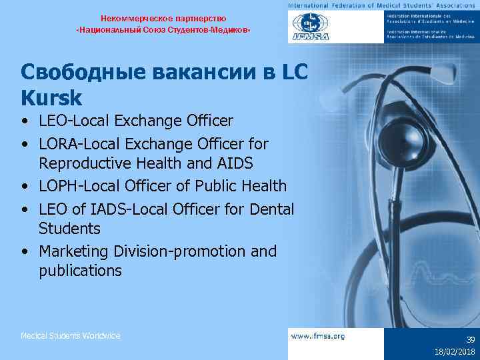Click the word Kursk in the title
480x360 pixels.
pyautogui.click(x=51, y=98)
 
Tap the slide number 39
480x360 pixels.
pyautogui.click(x=470, y=339)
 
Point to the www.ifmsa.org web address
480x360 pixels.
pyautogui.click(x=318, y=336)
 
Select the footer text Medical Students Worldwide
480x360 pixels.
pyautogui.click(x=70, y=336)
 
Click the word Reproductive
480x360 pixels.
pyautogui.click(x=86, y=163)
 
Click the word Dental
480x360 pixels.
pyautogui.click(x=272, y=209)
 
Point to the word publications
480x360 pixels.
pyautogui.click(x=80, y=271)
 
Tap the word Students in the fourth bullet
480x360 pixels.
pyautogui.click(x=69, y=229)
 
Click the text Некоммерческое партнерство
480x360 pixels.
pyautogui.click(x=163, y=18)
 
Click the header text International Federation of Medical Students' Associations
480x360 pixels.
pyautogui.click(x=383, y=5)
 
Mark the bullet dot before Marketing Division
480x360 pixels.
pyautogui.click(x=25, y=252)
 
